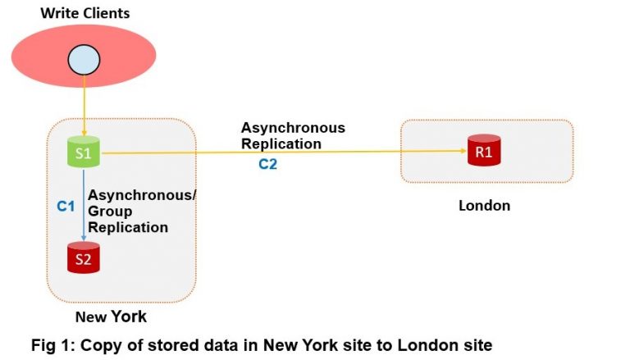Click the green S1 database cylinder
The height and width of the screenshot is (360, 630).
[84, 152]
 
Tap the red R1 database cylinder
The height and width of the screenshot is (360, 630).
[483, 152]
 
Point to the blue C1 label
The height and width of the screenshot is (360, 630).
[66, 207]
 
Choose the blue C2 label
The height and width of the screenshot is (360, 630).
[268, 164]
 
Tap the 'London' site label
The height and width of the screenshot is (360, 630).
[484, 206]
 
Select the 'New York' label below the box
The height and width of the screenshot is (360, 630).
[111, 317]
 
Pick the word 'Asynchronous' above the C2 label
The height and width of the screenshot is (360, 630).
[293, 128]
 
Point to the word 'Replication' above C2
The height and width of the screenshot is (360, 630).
[281, 144]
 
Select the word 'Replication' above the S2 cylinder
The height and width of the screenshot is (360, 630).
[128, 227]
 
